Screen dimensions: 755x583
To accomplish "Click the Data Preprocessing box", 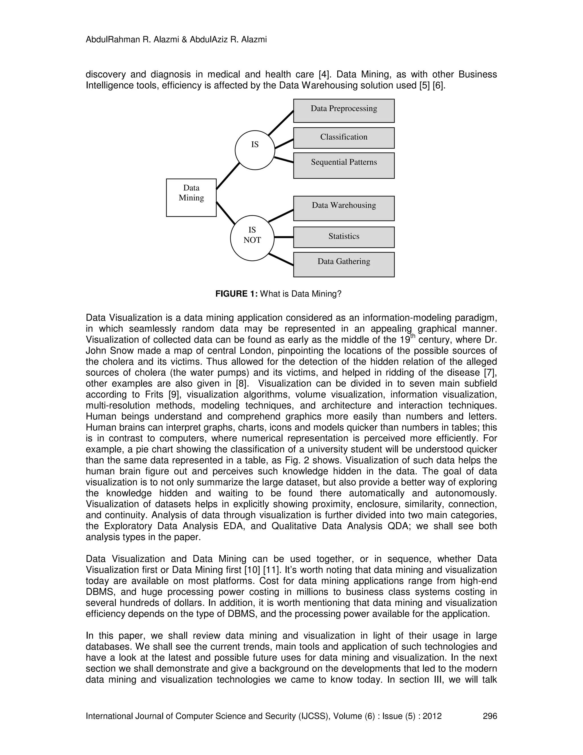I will pos(344,111).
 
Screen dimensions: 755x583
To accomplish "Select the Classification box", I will pos(344,138).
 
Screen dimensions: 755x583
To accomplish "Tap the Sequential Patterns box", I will pos(344,166).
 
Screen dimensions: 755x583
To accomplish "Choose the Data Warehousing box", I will pos(344,209).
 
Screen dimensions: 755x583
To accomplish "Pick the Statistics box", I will pos(344,237).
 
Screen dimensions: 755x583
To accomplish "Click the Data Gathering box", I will pos(344,264).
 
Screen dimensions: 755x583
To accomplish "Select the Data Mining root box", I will pos(191,198).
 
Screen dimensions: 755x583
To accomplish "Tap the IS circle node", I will pos(255,150).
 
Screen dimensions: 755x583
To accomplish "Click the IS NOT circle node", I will pos(252,238).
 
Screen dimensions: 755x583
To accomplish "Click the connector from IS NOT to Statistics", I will pos(284,237).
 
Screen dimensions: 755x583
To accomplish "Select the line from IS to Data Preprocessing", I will pos(281,123).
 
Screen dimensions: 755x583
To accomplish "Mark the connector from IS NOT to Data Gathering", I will pos(281,260).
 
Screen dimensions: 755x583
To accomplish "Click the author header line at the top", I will pos(176,40).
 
